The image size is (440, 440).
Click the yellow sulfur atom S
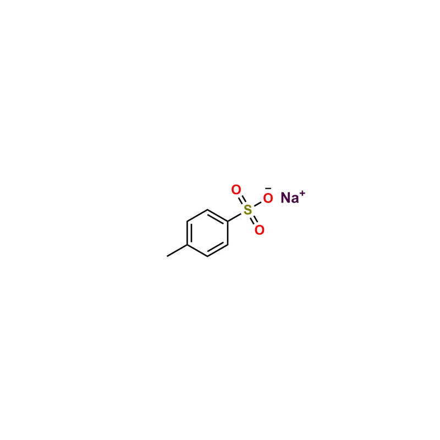tap(248, 210)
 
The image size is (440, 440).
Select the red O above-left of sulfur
tap(236, 190)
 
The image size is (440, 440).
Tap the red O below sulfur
tap(260, 230)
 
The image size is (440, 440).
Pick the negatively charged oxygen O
tap(268, 199)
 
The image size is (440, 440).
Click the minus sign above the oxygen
tap(268, 189)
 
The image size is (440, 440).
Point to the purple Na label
tap(290, 198)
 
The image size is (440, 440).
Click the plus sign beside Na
tap(302, 194)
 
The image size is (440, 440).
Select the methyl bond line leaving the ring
tap(177, 251)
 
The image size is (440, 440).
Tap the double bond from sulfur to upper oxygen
tap(243, 200)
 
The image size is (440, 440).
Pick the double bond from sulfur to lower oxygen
tap(254, 219)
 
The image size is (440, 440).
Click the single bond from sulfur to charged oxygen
tap(257, 205)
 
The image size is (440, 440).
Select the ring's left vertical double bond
tap(189, 233)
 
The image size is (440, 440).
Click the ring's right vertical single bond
tap(228, 233)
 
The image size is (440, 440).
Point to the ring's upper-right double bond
tap(217, 216)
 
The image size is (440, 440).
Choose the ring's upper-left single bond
tap(197, 216)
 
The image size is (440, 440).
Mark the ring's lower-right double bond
tap(217, 250)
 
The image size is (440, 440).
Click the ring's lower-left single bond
tap(197, 251)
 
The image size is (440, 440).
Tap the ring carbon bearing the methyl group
tap(187, 245)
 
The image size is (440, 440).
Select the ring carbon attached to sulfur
tap(228, 222)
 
